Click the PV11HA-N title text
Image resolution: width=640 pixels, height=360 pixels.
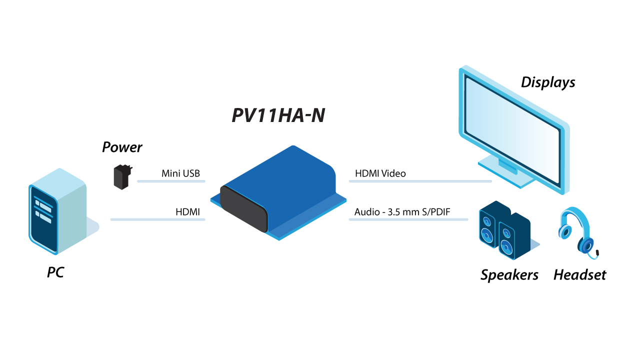[278, 115]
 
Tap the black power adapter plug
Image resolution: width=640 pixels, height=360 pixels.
[121, 177]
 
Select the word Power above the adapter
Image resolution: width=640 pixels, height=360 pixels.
[122, 147]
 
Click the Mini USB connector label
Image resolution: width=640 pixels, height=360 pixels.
[180, 173]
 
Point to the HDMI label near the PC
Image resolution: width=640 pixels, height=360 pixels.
[187, 212]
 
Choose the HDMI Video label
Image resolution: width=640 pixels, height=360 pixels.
[380, 173]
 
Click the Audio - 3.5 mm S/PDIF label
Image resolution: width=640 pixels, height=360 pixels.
[402, 212]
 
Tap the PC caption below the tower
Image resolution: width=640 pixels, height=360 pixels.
[55, 273]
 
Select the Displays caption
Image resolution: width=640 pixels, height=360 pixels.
[548, 82]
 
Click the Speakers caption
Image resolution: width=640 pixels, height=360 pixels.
[509, 275]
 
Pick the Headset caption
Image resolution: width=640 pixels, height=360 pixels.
[579, 275]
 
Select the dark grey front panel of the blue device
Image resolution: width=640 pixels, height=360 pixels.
[244, 207]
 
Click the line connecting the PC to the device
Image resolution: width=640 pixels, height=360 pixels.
[157, 219]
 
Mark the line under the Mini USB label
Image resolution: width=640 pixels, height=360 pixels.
[171, 181]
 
